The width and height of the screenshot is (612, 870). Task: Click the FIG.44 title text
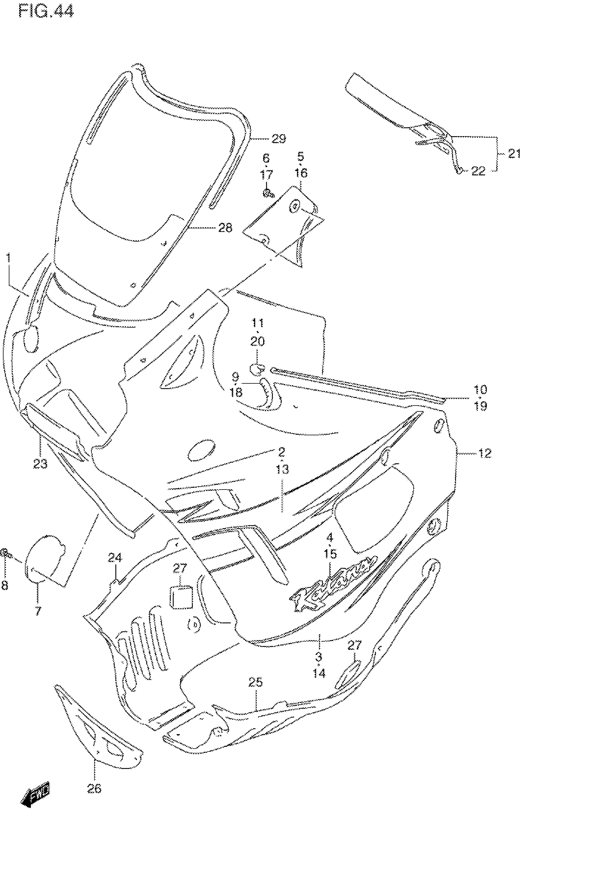point(46,11)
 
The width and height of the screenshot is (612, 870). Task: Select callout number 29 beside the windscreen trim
point(279,139)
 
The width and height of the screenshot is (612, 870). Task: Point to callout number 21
point(514,154)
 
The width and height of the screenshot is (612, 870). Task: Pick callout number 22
point(478,171)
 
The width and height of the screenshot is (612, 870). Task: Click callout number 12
point(485,453)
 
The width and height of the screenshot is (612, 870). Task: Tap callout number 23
point(40,463)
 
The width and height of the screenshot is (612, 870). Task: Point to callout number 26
point(94,789)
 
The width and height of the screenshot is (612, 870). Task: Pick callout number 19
point(480,406)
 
